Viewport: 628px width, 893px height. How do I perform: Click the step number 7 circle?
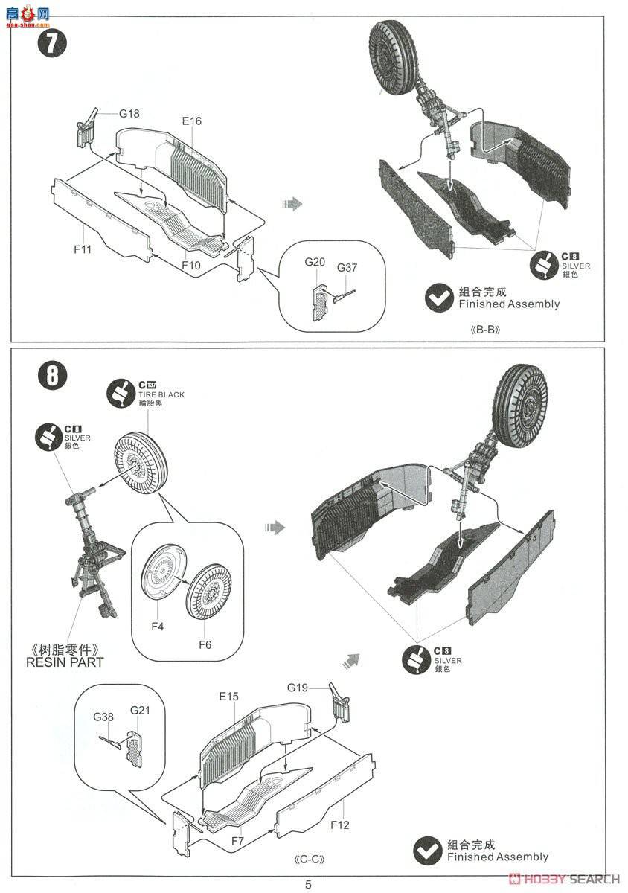click(x=51, y=43)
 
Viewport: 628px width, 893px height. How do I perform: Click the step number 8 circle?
click(x=51, y=374)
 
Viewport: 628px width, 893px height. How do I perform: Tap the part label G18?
click(x=129, y=114)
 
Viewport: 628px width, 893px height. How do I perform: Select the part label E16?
click(x=191, y=121)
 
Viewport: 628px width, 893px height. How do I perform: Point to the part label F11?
click(x=83, y=249)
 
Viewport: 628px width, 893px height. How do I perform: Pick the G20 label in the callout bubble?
click(x=315, y=262)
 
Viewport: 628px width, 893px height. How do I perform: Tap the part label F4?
click(x=157, y=627)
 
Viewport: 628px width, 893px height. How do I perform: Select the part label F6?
click(x=204, y=644)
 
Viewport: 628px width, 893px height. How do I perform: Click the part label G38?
click(x=104, y=717)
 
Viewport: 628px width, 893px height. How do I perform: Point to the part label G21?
click(x=140, y=710)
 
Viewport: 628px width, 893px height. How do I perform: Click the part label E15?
click(x=228, y=697)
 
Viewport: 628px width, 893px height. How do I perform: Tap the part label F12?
click(x=339, y=825)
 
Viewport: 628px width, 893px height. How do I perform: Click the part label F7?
click(x=237, y=841)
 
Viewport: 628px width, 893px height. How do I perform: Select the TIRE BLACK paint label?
click(x=161, y=394)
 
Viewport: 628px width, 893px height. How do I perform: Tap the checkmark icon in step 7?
click(x=439, y=297)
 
